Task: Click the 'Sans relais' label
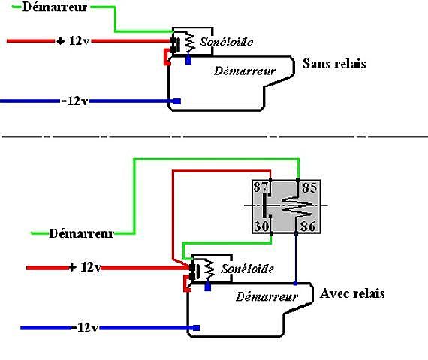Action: (334, 64)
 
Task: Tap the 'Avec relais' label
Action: (352, 293)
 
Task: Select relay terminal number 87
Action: (261, 187)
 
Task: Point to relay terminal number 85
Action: (309, 188)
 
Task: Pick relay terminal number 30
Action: (262, 226)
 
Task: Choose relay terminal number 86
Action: (308, 226)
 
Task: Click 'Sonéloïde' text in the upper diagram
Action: (226, 42)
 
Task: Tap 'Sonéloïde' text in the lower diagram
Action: (247, 269)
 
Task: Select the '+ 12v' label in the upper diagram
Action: (73, 41)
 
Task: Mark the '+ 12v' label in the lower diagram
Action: (85, 267)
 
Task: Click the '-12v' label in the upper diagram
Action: (74, 101)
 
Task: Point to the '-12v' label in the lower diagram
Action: (85, 327)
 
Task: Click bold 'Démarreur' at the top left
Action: (54, 7)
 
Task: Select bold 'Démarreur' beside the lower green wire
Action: (81, 233)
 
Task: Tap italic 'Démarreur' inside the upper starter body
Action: (245, 71)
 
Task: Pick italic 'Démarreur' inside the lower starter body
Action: (267, 297)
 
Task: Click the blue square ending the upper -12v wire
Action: (177, 101)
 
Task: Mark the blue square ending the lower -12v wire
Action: (196, 328)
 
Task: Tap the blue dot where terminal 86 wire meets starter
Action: (296, 283)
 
